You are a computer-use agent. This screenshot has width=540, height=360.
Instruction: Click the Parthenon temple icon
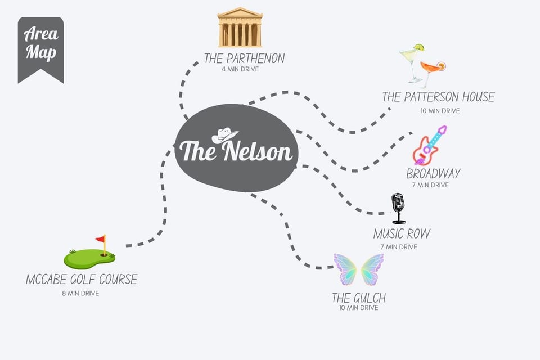240,27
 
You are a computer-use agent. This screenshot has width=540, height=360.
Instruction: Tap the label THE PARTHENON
244,58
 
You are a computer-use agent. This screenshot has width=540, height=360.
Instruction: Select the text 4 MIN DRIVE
240,69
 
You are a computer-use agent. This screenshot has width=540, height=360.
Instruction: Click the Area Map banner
40,50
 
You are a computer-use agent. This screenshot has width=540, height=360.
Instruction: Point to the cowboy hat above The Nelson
224,136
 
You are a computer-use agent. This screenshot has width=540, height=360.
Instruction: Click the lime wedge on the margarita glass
419,48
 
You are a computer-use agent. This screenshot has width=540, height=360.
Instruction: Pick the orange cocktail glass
433,73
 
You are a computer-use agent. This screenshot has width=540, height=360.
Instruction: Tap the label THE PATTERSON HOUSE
438,97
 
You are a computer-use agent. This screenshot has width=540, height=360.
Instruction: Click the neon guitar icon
430,145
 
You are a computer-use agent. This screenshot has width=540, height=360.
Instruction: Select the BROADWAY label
433,174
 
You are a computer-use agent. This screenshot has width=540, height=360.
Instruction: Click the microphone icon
398,209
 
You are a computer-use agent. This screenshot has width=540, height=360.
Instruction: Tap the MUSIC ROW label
402,234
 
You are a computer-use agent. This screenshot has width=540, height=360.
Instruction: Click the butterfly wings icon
358,269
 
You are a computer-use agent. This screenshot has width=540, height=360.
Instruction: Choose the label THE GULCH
359,298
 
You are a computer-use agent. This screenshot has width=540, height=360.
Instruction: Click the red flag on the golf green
101,238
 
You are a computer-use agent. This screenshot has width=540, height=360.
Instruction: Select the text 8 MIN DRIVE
80,294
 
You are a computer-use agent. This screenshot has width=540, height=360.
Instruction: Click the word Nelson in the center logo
257,151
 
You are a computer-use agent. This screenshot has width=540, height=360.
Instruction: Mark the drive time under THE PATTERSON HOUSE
440,111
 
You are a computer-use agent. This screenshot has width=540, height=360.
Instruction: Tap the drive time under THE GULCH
358,308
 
